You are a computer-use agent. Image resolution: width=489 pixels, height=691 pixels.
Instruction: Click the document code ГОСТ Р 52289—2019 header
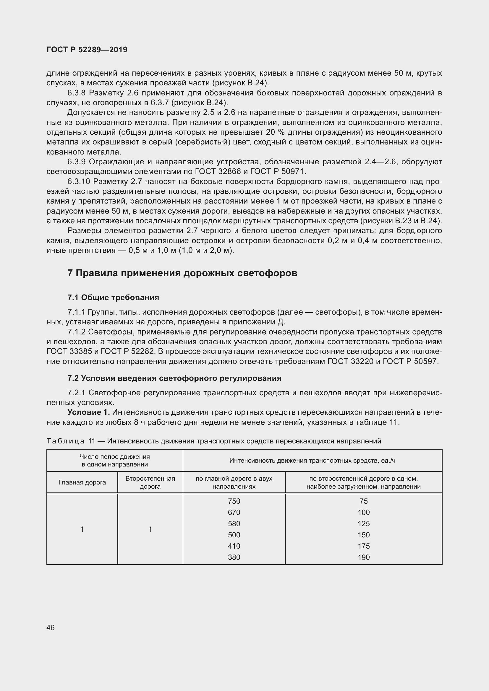pyautogui.click(x=87, y=50)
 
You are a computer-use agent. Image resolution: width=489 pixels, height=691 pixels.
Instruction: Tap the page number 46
pyautogui.click(x=51, y=627)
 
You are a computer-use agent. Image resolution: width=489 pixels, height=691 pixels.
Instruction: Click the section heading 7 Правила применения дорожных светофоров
pyautogui.click(x=182, y=273)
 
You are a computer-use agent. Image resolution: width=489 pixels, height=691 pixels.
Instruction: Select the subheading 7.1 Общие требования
pyautogui.click(x=113, y=298)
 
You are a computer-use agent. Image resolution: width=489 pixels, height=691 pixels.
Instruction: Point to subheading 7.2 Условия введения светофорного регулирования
pyautogui.click(x=174, y=378)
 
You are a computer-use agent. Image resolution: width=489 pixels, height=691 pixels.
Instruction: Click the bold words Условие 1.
pyautogui.click(x=88, y=412)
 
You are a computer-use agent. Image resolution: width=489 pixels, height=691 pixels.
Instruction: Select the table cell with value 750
pyautogui.click(x=234, y=501)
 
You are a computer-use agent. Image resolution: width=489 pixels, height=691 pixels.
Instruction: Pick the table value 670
pyautogui.click(x=234, y=512)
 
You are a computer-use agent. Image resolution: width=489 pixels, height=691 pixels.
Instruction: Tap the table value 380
pyautogui.click(x=234, y=557)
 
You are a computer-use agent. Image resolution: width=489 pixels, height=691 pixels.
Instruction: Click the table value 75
pyautogui.click(x=363, y=501)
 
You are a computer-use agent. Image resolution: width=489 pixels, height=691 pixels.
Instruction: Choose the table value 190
pyautogui.click(x=363, y=557)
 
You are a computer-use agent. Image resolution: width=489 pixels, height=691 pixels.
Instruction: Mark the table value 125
pyautogui.click(x=363, y=523)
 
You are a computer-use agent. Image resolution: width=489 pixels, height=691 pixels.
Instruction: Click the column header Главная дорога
pyautogui.click(x=82, y=482)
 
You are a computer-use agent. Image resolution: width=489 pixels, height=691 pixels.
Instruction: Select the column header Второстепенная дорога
pyautogui.click(x=150, y=482)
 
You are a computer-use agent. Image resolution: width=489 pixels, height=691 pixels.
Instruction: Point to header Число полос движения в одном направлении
pyautogui.click(x=114, y=461)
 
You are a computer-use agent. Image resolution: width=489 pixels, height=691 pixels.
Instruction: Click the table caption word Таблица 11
pyautogui.click(x=71, y=441)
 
